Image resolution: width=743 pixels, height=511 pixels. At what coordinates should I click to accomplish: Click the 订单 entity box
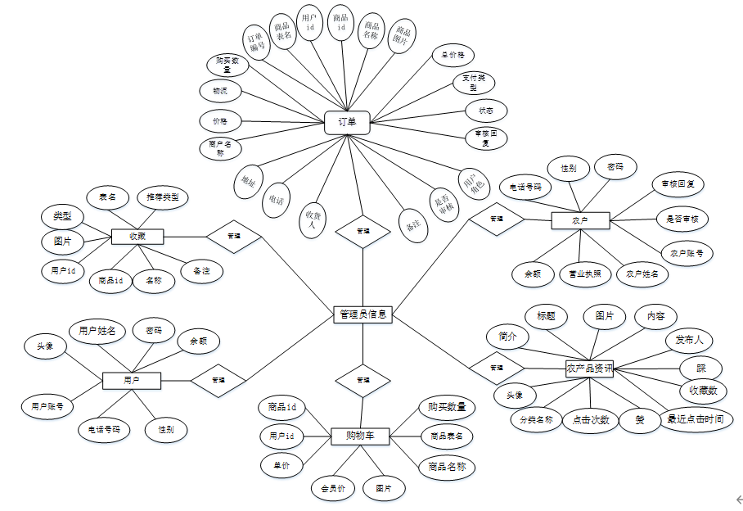point(348,122)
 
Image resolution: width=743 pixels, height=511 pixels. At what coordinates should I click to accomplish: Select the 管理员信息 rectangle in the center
point(363,314)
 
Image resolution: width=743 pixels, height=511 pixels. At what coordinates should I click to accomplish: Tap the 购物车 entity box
point(359,436)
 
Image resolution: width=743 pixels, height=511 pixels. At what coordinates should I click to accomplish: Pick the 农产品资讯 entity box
point(589,369)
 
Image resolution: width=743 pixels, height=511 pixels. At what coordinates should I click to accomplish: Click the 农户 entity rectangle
point(580,220)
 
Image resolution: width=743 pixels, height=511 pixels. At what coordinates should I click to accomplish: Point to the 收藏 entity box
point(137,237)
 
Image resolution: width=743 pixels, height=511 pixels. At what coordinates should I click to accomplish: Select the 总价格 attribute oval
point(453,56)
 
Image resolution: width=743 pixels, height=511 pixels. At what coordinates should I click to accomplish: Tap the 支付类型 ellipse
point(475,83)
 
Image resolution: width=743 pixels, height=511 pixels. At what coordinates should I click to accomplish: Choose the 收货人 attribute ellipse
point(310,219)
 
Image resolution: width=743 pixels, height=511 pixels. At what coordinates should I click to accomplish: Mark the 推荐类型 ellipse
point(163,197)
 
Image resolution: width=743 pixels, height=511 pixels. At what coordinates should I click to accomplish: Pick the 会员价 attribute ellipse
point(333,490)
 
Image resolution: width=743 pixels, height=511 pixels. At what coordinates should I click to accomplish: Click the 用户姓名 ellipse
point(97,331)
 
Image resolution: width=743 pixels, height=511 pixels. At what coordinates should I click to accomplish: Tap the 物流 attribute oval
point(221,91)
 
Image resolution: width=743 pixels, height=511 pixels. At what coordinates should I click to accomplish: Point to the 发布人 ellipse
point(689,339)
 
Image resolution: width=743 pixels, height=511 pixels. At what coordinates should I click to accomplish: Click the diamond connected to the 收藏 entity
point(234,237)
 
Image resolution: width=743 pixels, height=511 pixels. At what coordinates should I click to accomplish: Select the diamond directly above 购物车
point(363,381)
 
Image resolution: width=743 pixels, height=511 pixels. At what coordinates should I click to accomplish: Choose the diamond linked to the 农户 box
point(496,219)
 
